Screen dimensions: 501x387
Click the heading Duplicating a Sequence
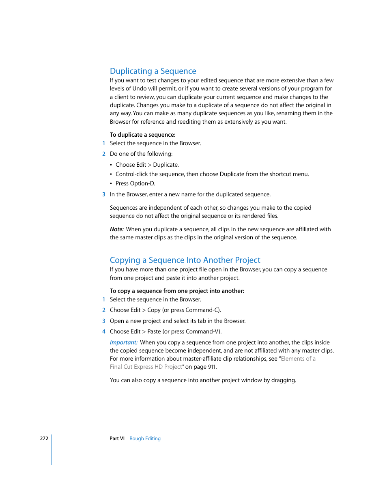coord(153,71)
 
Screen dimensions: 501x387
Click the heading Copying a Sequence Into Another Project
coord(185,260)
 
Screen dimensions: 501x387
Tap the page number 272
coord(44,439)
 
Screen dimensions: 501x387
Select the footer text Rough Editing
coord(145,439)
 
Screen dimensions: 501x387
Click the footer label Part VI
coord(117,439)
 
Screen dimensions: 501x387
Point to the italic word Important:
coord(124,342)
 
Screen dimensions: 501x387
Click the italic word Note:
coord(116,229)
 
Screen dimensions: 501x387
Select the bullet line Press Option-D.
coord(135,183)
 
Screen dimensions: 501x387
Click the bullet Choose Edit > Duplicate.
coord(147,165)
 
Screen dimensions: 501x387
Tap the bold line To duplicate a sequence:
coord(142,135)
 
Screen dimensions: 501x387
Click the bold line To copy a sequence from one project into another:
coord(177,291)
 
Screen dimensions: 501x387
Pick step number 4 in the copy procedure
coord(104,331)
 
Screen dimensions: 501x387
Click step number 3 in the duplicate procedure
coord(104,194)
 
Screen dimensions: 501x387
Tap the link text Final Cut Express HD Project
coord(146,367)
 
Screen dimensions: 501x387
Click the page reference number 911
coord(212,367)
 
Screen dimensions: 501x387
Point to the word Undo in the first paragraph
coord(139,88)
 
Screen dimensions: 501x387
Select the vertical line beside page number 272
coord(52,449)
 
